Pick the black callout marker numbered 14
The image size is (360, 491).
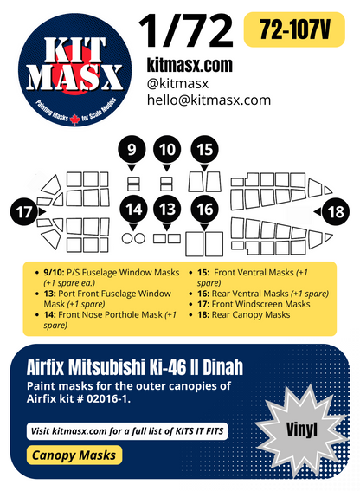click(x=132, y=209)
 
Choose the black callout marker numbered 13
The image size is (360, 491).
click(x=167, y=209)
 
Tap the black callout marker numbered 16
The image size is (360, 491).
click(x=204, y=209)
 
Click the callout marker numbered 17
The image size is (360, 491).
click(x=25, y=210)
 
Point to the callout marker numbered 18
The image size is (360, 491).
click(x=335, y=210)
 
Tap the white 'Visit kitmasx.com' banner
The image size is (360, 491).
click(x=125, y=430)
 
